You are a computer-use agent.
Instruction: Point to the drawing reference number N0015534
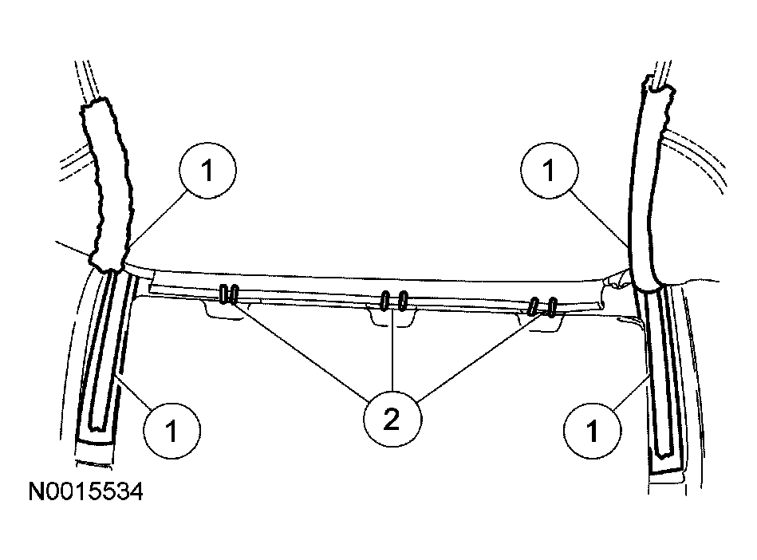[86, 492]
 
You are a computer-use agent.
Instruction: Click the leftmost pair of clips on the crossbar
[229, 294]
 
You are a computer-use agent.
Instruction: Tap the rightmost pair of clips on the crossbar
[543, 307]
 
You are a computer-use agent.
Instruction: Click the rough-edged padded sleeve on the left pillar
[107, 183]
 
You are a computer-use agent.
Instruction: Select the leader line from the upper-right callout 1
[599, 219]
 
